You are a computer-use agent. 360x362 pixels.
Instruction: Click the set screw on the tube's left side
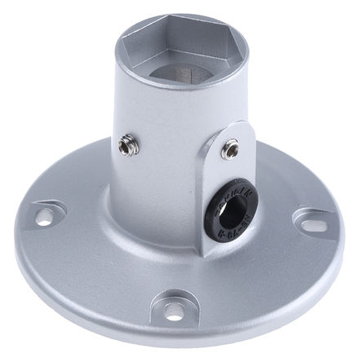(x=127, y=147)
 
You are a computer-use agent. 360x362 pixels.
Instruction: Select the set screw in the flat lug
(x=232, y=149)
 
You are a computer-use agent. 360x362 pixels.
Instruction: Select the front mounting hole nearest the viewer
(x=173, y=311)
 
